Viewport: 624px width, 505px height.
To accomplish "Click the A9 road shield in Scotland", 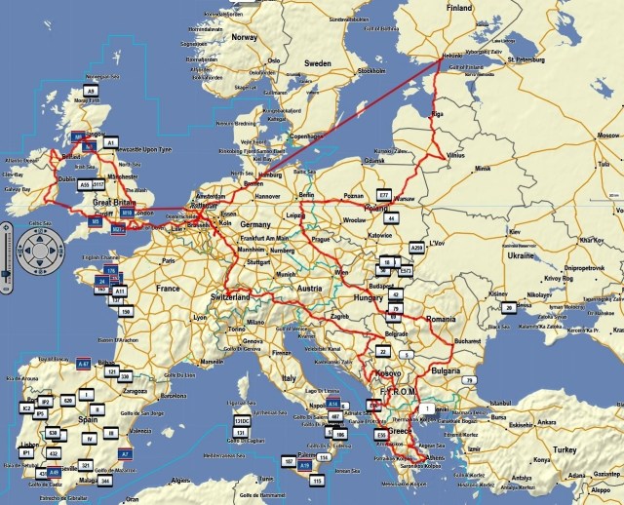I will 91,91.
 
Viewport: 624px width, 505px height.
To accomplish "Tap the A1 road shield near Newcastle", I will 111,142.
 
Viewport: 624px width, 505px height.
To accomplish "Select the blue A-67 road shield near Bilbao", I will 83,363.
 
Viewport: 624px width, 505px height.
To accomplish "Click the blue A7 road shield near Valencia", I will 125,454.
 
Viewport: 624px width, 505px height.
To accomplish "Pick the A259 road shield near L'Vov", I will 417,248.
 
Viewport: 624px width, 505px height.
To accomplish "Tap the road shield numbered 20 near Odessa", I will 508,307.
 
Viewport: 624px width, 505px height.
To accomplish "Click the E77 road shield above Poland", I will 383,196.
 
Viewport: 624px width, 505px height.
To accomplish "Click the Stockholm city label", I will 370,71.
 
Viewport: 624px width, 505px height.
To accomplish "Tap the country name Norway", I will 244,37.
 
